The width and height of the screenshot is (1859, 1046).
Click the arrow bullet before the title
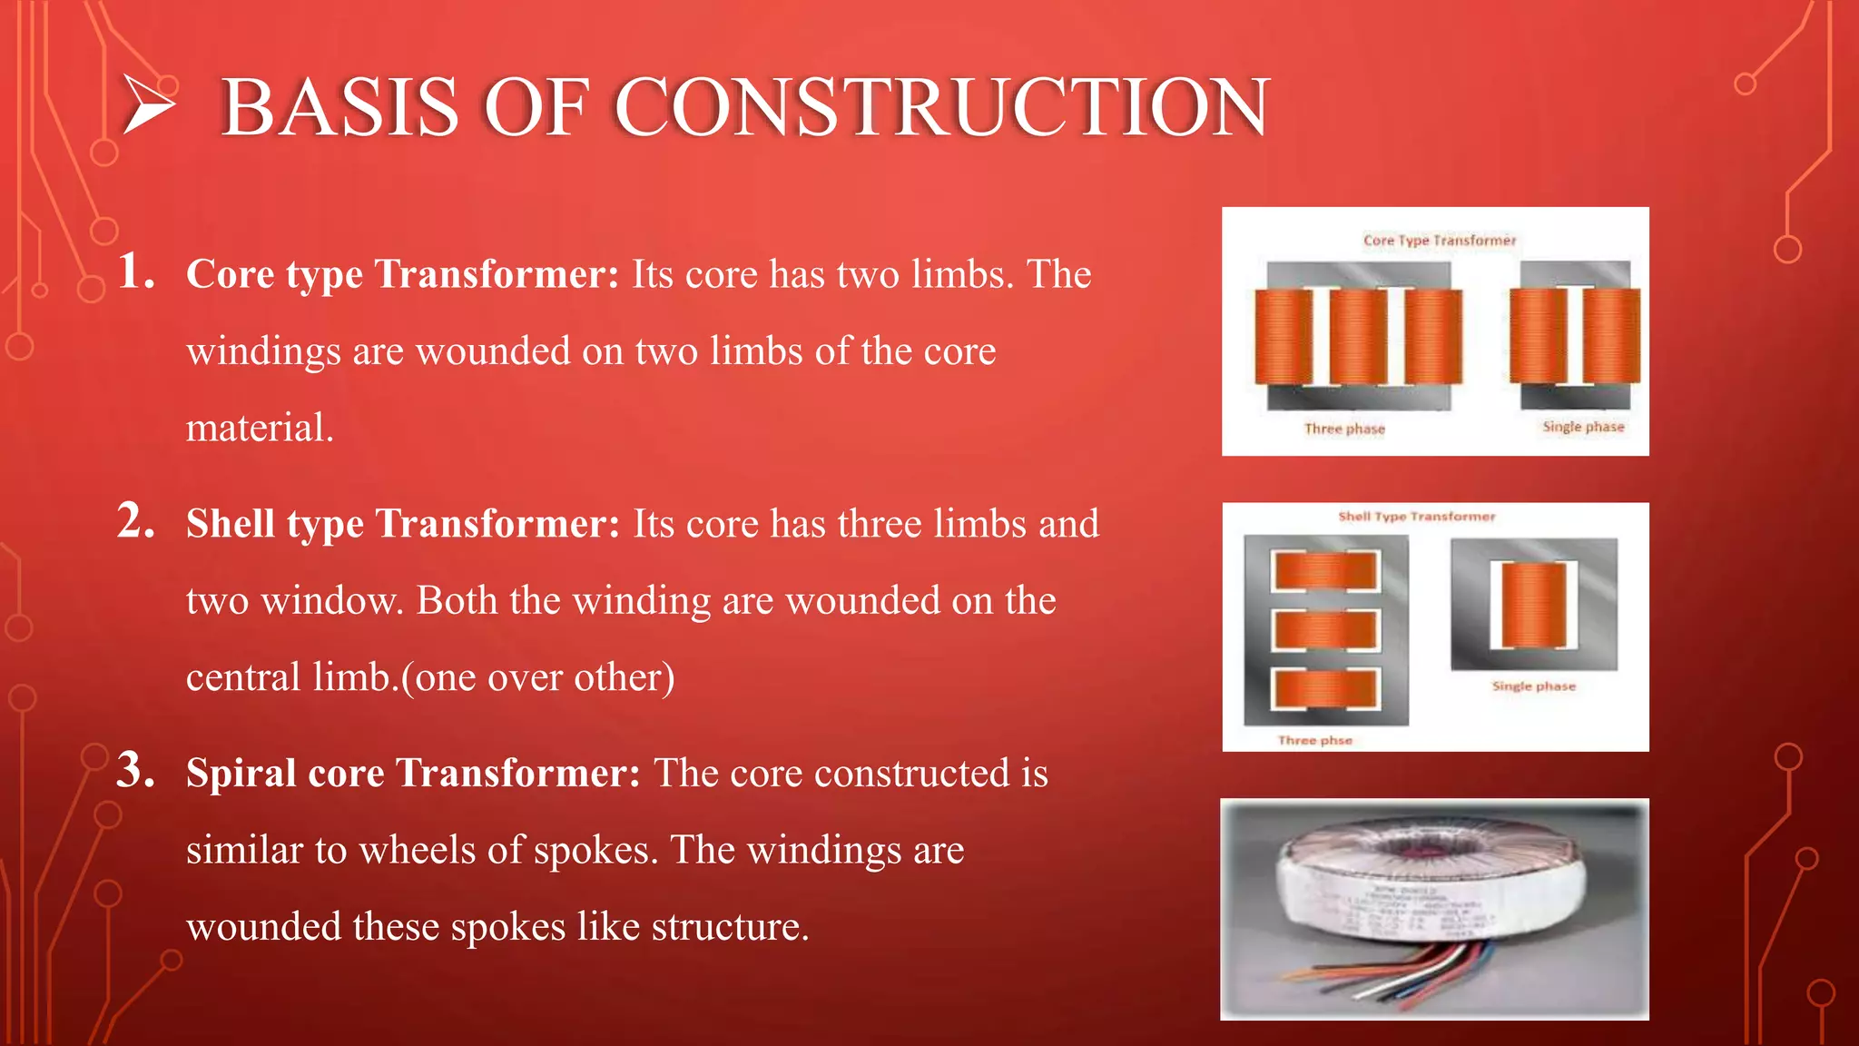147,106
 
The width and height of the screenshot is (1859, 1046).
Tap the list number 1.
136,272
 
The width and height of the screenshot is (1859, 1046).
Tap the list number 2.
136,522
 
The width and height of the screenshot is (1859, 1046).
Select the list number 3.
136,771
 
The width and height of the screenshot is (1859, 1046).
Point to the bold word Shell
230,524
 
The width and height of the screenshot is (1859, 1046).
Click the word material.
260,428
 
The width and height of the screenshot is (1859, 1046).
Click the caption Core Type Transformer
1439,241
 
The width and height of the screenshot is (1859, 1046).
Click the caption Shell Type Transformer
1416,517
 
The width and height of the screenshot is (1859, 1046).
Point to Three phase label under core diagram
1344,429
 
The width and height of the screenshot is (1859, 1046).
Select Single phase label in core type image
1583,427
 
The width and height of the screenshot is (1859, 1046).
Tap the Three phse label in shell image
1314,741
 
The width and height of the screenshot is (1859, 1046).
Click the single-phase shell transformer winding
1533,605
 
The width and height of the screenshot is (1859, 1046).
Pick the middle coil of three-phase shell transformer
1325,630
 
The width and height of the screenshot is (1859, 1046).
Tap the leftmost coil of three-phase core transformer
1284,336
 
